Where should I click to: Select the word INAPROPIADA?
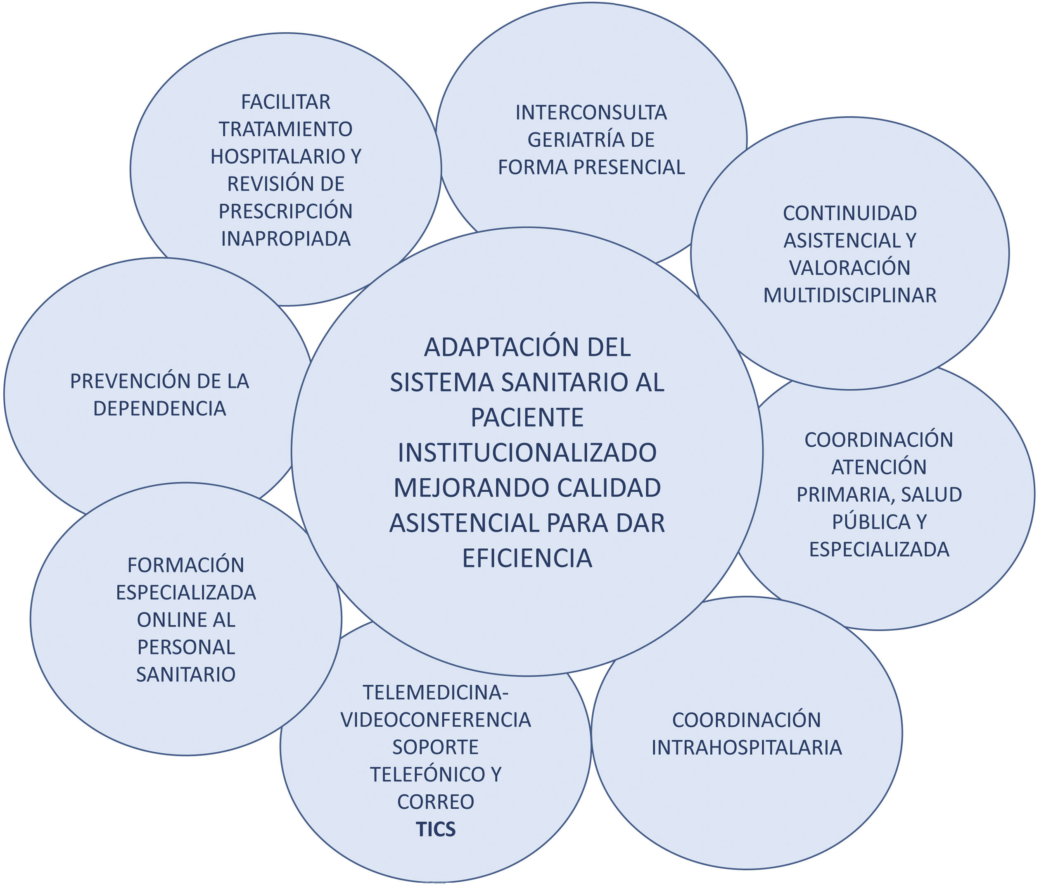tap(286, 239)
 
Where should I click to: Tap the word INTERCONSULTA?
tap(591, 113)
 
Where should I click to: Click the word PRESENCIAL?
tap(629, 167)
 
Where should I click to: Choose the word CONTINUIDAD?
tap(850, 214)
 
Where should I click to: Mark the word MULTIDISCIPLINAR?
tap(850, 295)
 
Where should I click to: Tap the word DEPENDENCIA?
tap(159, 409)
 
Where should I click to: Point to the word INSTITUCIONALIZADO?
tap(527, 453)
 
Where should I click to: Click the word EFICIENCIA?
tap(527, 558)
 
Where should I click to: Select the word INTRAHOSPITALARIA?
tap(747, 748)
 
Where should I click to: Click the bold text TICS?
tap(436, 829)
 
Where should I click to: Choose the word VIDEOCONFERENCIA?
tap(436, 720)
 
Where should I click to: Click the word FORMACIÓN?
tap(185, 565)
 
